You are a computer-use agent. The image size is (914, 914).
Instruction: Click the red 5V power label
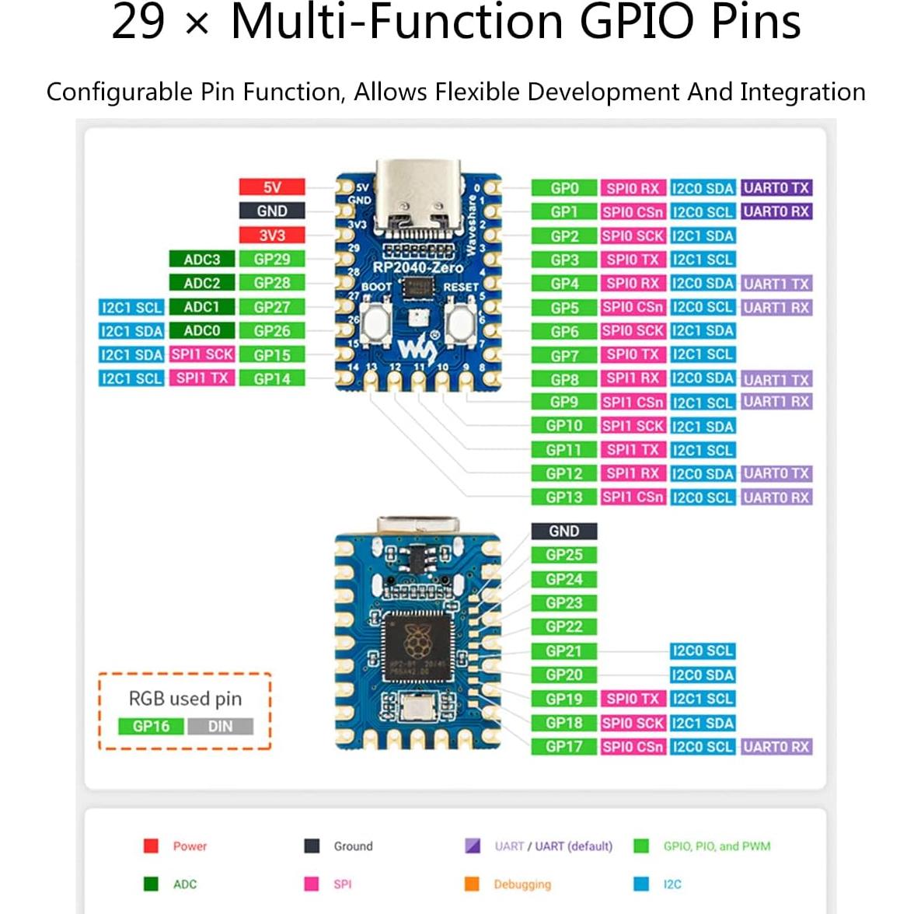point(271,187)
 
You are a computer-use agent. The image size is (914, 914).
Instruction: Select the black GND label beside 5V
point(271,211)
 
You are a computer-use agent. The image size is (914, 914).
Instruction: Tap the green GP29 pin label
point(271,259)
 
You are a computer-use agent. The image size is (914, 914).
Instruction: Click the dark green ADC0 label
point(201,330)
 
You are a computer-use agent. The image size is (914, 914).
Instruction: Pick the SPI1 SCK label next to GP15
point(202,354)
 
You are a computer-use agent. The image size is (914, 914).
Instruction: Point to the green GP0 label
point(564,188)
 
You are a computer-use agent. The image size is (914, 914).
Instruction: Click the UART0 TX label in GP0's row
point(776,188)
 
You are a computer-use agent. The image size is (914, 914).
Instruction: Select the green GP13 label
point(564,497)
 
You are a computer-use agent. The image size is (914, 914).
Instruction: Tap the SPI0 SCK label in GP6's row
point(633,331)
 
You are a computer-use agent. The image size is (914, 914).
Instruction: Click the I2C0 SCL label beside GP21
point(703,651)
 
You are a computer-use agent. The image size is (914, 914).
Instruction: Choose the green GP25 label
point(564,555)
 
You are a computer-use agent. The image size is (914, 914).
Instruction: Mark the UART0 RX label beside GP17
point(776,746)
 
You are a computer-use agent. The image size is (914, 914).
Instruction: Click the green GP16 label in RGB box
point(151,726)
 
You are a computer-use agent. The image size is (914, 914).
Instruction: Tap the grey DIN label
point(220,726)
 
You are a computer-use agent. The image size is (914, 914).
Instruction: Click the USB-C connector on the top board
point(417,194)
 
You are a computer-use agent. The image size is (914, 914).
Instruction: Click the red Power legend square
point(152,846)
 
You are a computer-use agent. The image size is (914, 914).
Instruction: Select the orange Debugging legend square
point(472,884)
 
